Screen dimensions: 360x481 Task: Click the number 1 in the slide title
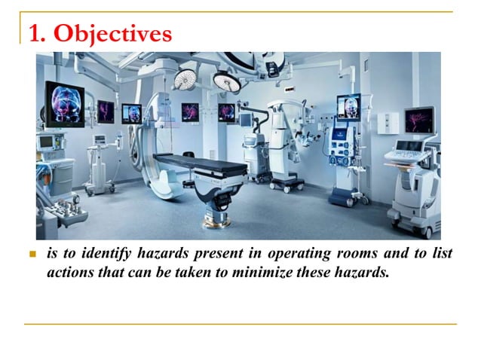[34, 34]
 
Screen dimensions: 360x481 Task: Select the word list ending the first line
[443, 255]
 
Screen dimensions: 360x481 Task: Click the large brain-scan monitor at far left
[65, 102]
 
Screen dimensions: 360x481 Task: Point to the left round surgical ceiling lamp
[185, 78]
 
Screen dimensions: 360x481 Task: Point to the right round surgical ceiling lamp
[225, 80]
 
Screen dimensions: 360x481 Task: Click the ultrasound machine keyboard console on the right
[410, 154]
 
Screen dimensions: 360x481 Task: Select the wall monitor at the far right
[418, 120]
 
